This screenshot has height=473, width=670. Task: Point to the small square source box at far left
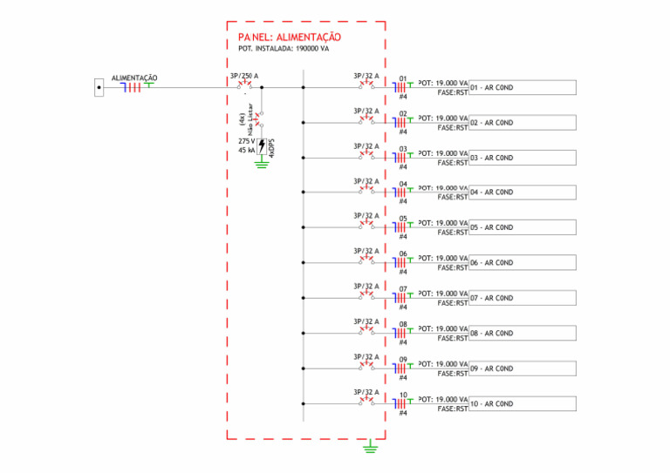[99, 87]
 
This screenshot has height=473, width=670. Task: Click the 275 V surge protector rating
[246, 140]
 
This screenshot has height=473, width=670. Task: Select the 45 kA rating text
[246, 151]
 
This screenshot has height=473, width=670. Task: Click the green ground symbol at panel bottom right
[370, 447]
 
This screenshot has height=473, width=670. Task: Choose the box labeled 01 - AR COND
[522, 88]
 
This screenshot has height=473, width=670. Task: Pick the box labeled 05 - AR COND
[522, 227]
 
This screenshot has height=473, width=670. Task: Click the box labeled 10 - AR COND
[522, 404]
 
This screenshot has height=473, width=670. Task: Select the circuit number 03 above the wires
[403, 149]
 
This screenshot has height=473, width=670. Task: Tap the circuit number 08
[403, 325]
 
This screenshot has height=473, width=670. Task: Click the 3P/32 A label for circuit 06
[366, 252]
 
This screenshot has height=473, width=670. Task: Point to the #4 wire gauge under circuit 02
[403, 132]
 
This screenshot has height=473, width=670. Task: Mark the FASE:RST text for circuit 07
[453, 303]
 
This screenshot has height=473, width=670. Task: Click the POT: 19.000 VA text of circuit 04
[443, 188]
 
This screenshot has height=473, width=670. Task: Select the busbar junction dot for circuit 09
[303, 368]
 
